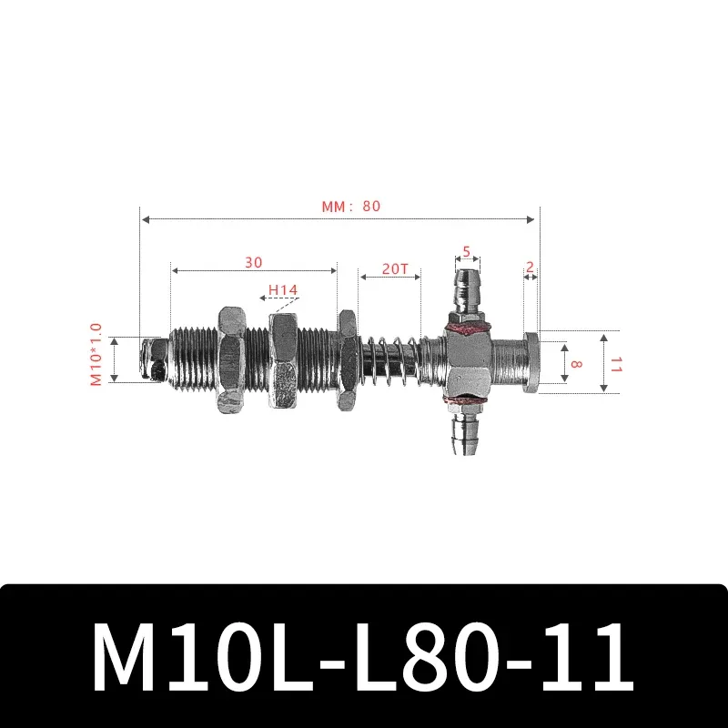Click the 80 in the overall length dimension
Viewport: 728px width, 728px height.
pyautogui.click(x=370, y=206)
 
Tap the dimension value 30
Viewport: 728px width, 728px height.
pyautogui.click(x=253, y=262)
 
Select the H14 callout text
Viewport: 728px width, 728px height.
pyautogui.click(x=283, y=291)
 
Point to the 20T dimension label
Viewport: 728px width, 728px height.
pyautogui.click(x=394, y=268)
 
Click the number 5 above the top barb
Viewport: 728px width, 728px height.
pyautogui.click(x=466, y=251)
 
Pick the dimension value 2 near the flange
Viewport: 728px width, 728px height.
pyautogui.click(x=530, y=268)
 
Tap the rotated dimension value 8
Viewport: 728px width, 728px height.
pyautogui.click(x=574, y=362)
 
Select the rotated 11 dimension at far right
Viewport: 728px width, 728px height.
pyautogui.click(x=615, y=364)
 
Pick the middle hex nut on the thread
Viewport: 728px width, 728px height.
pyautogui.click(x=284, y=361)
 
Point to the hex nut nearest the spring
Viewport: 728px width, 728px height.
pyautogui.click(x=347, y=361)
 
